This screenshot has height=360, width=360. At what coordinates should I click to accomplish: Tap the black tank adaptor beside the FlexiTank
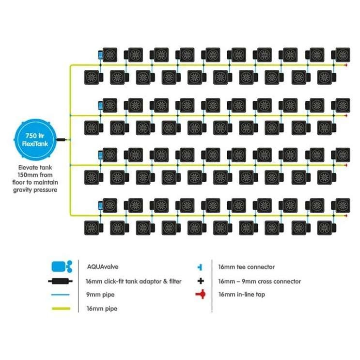coord(62,140)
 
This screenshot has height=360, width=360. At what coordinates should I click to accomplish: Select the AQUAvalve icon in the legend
coord(61,266)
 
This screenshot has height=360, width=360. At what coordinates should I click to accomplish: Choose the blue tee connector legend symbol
coord(200,267)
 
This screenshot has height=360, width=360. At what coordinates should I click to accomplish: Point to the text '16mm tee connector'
coord(246,267)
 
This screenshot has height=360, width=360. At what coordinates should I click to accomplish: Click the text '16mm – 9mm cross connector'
coord(259,281)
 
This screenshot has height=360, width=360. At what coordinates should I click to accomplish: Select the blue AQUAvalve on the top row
coord(100,54)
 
